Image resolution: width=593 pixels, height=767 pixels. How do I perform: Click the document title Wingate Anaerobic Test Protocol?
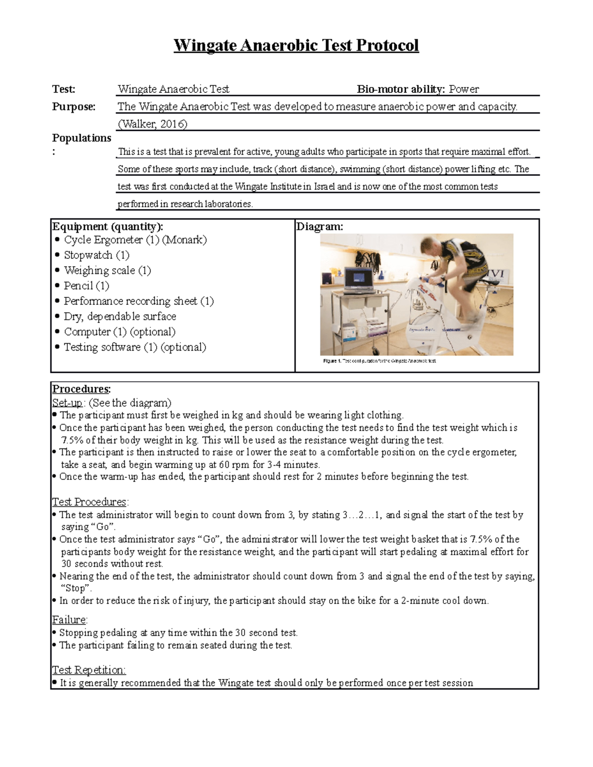coord(296,45)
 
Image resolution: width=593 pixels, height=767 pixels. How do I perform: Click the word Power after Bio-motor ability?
coord(464,89)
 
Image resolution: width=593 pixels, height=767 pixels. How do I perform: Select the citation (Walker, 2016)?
coord(152,124)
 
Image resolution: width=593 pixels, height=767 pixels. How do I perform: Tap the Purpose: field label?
coord(74,107)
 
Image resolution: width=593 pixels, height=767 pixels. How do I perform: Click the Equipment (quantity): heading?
coord(107,227)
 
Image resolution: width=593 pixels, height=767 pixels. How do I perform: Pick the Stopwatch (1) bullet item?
coord(96,255)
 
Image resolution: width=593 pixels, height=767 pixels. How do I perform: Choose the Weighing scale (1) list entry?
coord(107,271)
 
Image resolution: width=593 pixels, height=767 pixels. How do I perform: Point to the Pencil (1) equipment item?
coord(86,286)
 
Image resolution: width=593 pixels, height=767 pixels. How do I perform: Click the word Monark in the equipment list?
coord(184,240)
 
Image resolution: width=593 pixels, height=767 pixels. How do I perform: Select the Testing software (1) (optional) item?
coord(135,347)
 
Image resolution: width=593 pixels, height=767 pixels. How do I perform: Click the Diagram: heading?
coord(319,227)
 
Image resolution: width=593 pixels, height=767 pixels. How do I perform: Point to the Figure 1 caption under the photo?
coord(380,361)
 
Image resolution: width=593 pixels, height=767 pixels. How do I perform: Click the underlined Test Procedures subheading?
coord(89,502)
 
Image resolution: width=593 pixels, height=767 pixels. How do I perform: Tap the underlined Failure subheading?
coord(69,620)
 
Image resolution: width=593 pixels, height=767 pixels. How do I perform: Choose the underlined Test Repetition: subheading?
coord(89,670)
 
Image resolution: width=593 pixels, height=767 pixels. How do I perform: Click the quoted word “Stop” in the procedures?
coord(76,588)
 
